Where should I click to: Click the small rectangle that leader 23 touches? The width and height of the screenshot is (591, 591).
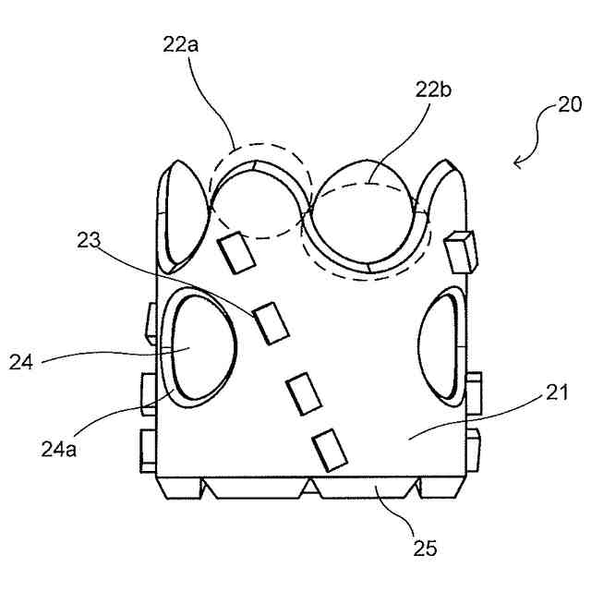(271, 322)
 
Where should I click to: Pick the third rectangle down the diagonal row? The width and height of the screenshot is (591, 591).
(304, 392)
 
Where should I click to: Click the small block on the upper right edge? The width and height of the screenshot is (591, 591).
(460, 251)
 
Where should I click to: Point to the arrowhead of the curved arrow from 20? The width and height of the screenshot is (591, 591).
(516, 163)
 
